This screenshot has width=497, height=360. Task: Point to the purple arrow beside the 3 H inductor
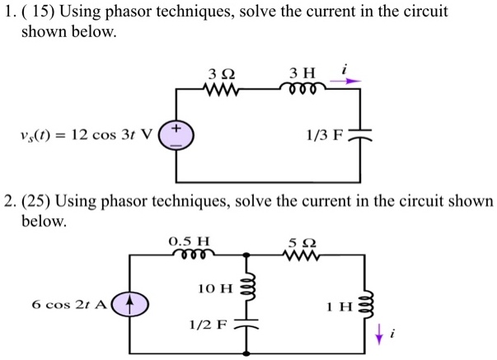click(351, 81)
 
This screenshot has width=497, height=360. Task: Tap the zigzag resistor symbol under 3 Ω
click(219, 88)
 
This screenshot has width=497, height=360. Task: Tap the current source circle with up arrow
click(129, 304)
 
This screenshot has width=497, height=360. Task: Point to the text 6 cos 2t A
click(68, 304)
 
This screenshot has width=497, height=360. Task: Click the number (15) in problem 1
click(38, 12)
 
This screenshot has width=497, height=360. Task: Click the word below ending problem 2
click(44, 222)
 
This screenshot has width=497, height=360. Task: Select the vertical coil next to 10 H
click(246, 285)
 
